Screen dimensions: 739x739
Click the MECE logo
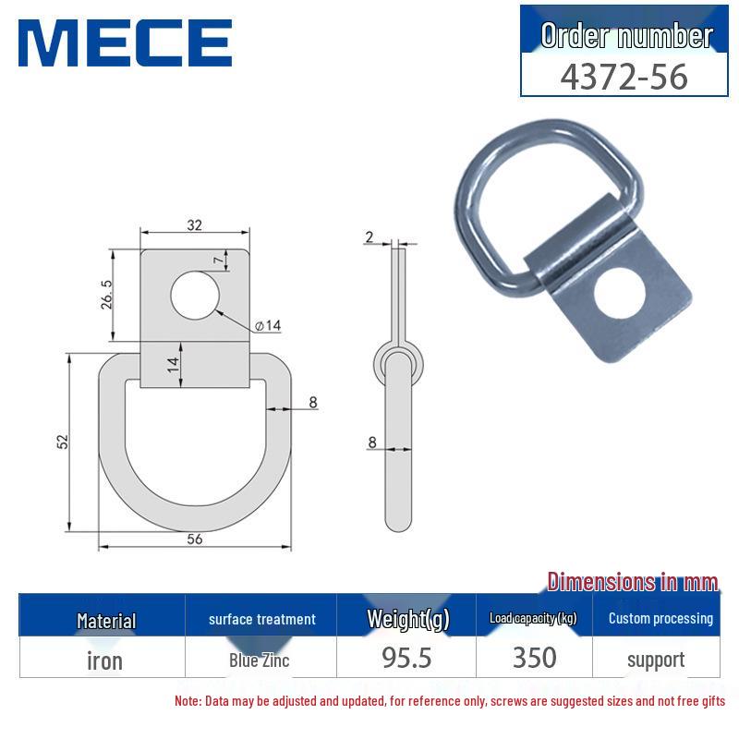(125, 42)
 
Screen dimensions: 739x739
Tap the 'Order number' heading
(626, 36)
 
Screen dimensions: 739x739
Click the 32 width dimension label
(194, 224)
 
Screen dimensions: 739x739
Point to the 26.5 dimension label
(107, 296)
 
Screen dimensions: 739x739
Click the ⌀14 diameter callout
(266, 326)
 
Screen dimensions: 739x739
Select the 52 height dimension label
(63, 442)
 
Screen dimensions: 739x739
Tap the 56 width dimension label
(194, 539)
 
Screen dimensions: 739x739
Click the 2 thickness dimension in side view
(369, 237)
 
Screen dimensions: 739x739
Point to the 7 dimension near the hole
(218, 260)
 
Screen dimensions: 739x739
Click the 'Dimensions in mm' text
(632, 582)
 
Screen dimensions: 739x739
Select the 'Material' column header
(106, 621)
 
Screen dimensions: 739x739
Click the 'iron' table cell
(103, 660)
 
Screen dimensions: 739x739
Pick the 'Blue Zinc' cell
(260, 660)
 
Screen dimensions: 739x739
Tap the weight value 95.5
(407, 658)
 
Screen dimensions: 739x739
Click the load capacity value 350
(534, 658)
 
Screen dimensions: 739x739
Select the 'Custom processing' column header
(660, 619)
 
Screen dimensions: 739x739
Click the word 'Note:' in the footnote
(188, 701)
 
